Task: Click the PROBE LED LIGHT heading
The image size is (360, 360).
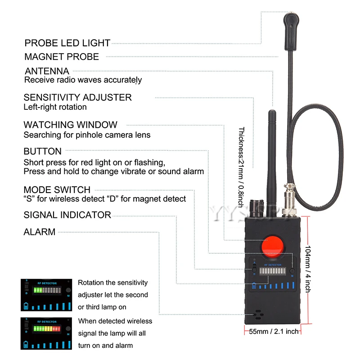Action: pyautogui.click(x=67, y=43)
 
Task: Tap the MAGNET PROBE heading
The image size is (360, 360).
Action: pyautogui.click(x=62, y=57)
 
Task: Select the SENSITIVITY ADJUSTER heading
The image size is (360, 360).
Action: pyautogui.click(x=77, y=97)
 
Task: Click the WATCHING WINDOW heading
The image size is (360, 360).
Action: pyautogui.click(x=70, y=125)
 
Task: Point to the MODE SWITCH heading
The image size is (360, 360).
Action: pyautogui.click(x=57, y=190)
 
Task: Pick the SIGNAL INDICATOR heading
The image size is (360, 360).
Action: pyautogui.click(x=67, y=215)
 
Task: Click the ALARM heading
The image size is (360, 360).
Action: pyautogui.click(x=40, y=232)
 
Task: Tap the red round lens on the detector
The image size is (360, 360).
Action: pyautogui.click(x=274, y=247)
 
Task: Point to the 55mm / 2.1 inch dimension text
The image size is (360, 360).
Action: pyautogui.click(x=274, y=332)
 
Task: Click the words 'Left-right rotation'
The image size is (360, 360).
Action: pyautogui.click(x=55, y=107)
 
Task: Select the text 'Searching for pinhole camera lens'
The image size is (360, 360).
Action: pyautogui.click(x=86, y=135)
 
